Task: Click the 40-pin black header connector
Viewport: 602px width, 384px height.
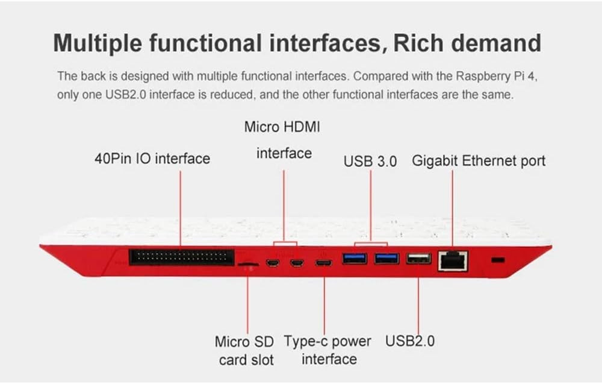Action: pyautogui.click(x=182, y=257)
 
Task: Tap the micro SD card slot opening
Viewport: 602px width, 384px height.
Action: pyautogui.click(x=247, y=265)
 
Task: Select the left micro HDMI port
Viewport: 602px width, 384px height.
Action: pyautogui.click(x=273, y=263)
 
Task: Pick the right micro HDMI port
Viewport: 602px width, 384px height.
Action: pyautogui.click(x=297, y=263)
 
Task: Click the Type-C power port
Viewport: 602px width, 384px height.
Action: pyautogui.click(x=324, y=263)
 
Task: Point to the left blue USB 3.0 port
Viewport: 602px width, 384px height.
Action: pyautogui.click(x=355, y=258)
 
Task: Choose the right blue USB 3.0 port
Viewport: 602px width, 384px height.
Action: pyautogui.click(x=387, y=258)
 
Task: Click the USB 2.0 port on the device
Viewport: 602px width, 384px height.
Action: pyautogui.click(x=419, y=258)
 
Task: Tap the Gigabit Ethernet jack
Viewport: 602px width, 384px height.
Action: pyautogui.click(x=453, y=262)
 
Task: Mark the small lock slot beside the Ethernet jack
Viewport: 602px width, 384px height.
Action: pyautogui.click(x=498, y=260)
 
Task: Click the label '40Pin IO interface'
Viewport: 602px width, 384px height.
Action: pyautogui.click(x=152, y=159)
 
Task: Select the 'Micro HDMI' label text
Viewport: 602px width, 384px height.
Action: pyautogui.click(x=282, y=127)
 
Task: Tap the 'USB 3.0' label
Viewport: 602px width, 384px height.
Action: pyautogui.click(x=370, y=162)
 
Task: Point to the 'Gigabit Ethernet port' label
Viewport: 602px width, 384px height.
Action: pyautogui.click(x=479, y=161)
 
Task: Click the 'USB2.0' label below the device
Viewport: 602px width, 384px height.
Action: pyautogui.click(x=410, y=341)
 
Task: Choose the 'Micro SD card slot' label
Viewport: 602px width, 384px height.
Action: pyautogui.click(x=244, y=351)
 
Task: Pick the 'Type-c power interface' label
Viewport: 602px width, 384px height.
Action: pyautogui.click(x=327, y=350)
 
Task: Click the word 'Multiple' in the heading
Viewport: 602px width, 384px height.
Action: pyautogui.click(x=98, y=43)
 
